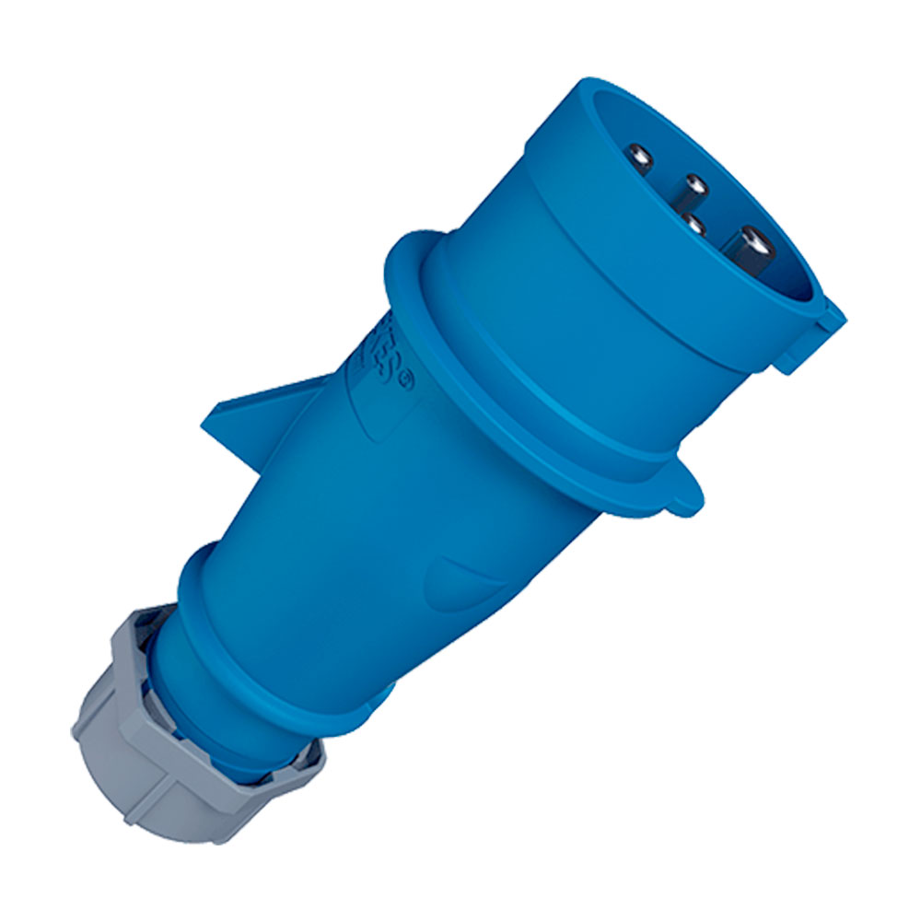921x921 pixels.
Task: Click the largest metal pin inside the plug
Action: pos(748,247)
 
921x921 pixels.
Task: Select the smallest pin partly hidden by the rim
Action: pos(693,224)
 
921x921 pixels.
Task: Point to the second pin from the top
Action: pos(695,187)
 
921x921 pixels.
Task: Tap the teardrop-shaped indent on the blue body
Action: pos(460,576)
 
